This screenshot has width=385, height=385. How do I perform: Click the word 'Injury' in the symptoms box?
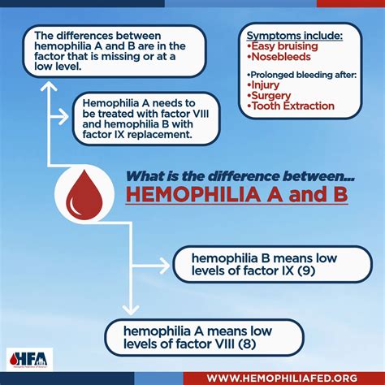267,84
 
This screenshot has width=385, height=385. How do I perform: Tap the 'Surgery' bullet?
271,94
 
